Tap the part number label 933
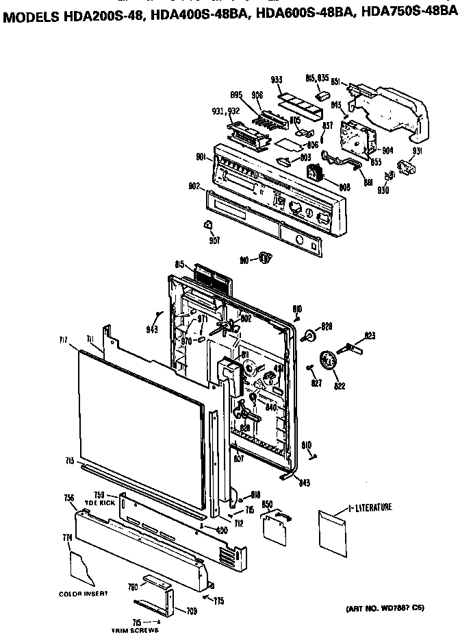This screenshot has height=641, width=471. [x=277, y=81]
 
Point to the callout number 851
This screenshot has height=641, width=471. [x=336, y=82]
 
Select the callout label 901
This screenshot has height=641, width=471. [x=203, y=158]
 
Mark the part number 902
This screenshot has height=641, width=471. [x=194, y=186]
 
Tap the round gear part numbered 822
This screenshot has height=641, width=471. [x=332, y=361]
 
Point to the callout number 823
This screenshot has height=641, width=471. [x=370, y=336]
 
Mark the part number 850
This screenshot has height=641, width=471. [x=268, y=505]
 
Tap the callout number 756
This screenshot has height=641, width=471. [x=68, y=498]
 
